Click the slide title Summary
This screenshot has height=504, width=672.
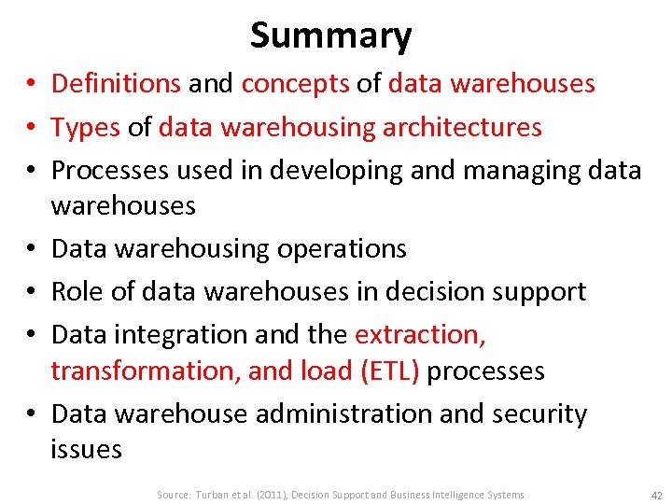[x=330, y=35]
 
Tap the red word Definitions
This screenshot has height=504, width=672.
[x=117, y=83]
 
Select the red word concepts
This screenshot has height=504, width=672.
[x=295, y=83]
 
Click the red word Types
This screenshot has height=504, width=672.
[x=85, y=126]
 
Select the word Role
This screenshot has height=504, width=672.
[x=77, y=291]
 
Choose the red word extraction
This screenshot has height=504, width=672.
[x=421, y=334]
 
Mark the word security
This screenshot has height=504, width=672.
[x=539, y=413]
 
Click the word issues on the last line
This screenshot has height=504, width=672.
[x=86, y=449]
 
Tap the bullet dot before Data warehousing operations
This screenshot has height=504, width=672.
[x=31, y=249]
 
